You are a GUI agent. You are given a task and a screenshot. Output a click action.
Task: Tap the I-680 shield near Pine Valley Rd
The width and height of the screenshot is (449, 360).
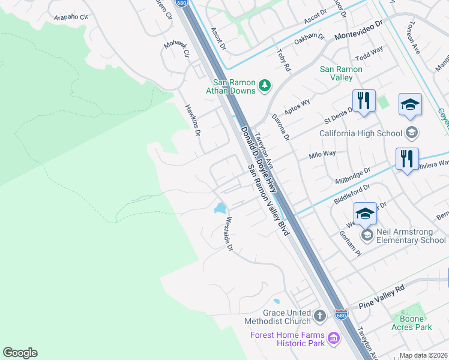[x=341, y=315]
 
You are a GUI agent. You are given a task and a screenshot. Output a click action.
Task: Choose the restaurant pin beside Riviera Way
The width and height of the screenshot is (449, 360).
[x=407, y=159]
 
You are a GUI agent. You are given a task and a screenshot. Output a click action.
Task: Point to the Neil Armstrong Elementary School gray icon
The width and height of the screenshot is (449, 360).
[x=367, y=235]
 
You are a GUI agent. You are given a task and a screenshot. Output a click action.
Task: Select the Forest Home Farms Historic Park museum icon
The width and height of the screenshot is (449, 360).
[x=334, y=340]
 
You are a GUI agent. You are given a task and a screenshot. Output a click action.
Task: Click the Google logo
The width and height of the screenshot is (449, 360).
[x=20, y=353]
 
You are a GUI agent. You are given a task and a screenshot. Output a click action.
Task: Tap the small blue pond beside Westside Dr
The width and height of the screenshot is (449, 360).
[x=220, y=208]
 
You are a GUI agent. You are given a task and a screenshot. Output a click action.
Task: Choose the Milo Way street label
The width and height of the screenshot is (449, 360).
[x=322, y=155]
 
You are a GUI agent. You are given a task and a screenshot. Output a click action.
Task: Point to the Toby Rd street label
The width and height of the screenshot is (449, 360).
[x=283, y=61]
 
